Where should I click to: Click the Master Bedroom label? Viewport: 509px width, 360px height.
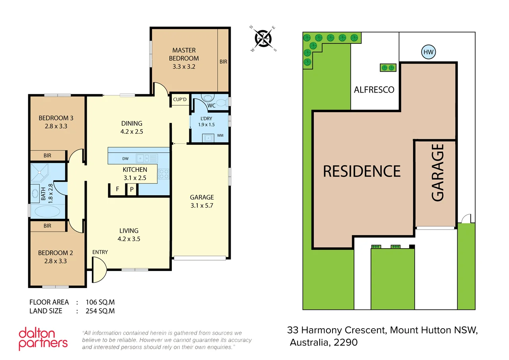(x=184, y=54)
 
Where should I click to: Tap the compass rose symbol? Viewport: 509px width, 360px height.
(x=263, y=39)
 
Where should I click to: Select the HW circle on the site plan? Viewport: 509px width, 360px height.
(x=428, y=52)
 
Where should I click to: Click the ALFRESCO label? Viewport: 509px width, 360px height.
(x=374, y=90)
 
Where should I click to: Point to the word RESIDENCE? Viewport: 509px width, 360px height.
(x=361, y=171)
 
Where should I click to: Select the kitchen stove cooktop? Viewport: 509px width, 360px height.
(x=164, y=174)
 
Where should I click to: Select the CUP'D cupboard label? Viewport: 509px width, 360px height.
(x=180, y=99)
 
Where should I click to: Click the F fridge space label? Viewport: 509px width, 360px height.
(x=117, y=189)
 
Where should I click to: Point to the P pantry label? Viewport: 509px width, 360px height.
(x=132, y=189)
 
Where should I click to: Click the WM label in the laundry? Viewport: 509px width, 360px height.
(x=220, y=136)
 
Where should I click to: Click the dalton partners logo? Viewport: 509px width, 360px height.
(x=43, y=339)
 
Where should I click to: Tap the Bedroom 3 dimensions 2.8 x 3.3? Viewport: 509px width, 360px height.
(x=56, y=126)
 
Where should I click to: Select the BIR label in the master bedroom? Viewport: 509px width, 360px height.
(x=223, y=62)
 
